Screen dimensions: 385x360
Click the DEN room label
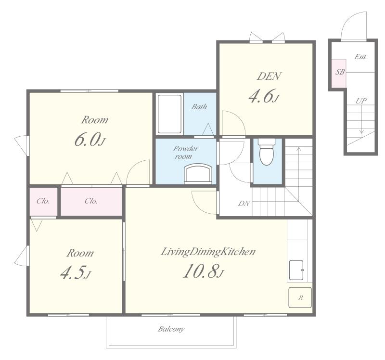pos(269,76)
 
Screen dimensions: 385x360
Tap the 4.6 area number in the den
pos(264,96)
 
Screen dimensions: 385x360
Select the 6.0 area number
pos(90,139)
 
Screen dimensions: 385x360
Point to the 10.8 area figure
pos(204,271)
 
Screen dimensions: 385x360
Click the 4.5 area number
pos(76,272)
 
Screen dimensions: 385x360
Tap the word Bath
pos(199,106)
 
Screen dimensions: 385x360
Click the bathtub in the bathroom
pos(169,114)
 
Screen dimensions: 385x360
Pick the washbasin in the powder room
pos(198,174)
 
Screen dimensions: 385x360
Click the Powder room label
pos(186,152)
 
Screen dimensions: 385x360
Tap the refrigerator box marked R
pos(300,297)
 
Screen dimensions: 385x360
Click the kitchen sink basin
pos(296,270)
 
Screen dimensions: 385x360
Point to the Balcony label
pos(171,329)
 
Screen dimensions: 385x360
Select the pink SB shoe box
pos(339,73)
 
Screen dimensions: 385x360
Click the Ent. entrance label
pos(360,57)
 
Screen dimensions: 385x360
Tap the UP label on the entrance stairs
pos(361,101)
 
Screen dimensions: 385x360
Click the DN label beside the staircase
pos(244,203)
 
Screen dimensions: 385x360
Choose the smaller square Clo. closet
pos(43,201)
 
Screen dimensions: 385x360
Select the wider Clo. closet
pos(91,201)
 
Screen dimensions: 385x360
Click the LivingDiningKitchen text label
pos(208,252)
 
